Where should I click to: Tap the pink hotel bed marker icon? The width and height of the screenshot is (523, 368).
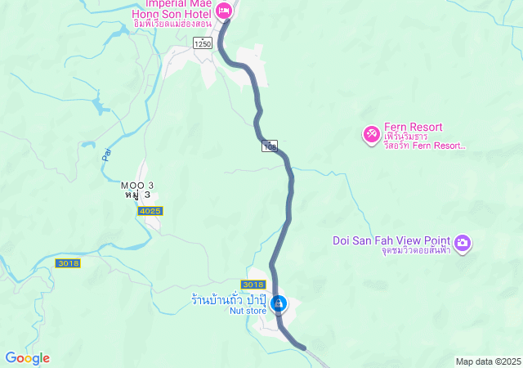(225, 11)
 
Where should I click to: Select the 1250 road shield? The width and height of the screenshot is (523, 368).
(203, 43)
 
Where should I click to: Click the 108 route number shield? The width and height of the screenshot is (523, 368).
(270, 146)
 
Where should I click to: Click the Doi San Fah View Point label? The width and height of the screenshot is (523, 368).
(391, 240)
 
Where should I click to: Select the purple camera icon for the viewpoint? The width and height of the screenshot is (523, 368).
(463, 242)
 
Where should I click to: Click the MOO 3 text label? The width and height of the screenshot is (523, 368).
(137, 186)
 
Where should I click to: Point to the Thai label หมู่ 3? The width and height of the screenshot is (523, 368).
(137, 196)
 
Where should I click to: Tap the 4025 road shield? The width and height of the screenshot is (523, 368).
(150, 211)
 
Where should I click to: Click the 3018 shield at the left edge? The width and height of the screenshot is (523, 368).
(68, 263)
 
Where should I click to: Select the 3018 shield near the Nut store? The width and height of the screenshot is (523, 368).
(254, 284)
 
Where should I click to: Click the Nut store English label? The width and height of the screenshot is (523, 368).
(248, 311)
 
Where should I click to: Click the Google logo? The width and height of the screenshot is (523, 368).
(27, 358)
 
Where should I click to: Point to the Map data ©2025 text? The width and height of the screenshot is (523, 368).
(488, 361)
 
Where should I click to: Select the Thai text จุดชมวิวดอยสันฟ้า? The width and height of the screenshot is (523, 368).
(415, 251)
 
